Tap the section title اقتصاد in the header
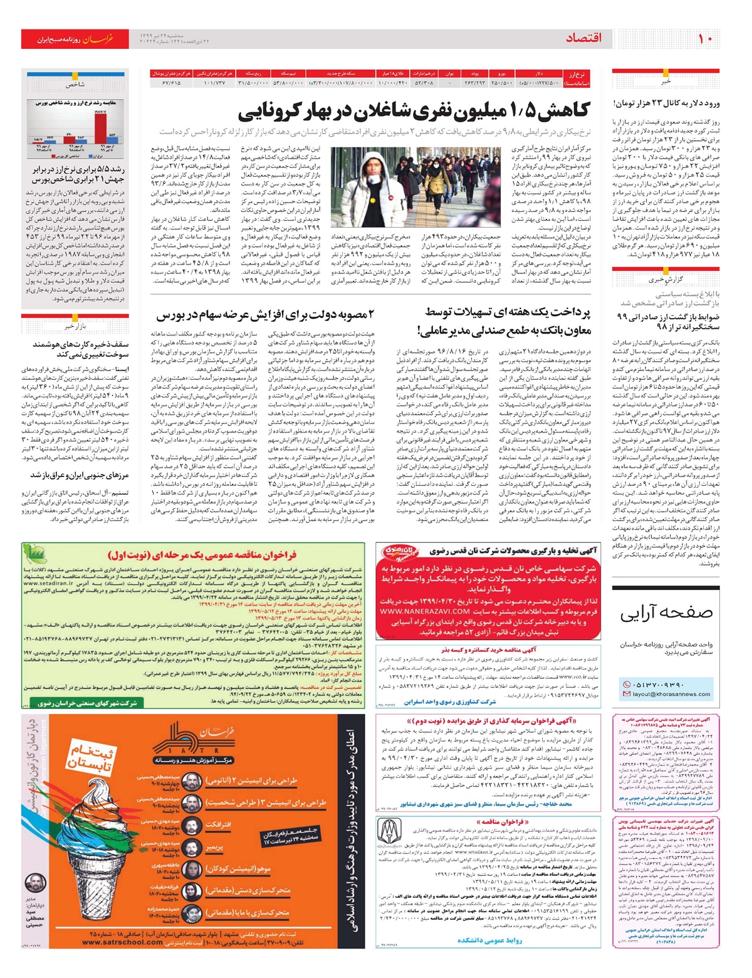583,38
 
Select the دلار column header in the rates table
539,74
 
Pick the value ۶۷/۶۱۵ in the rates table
171,83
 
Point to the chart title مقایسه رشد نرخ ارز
70,102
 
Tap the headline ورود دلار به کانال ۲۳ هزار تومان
667,103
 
